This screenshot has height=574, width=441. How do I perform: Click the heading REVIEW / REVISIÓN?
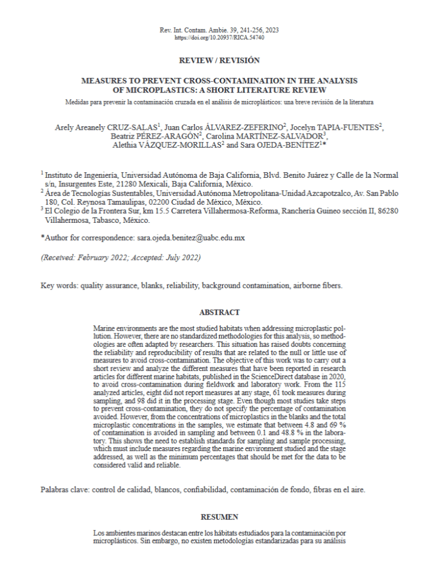point(219,60)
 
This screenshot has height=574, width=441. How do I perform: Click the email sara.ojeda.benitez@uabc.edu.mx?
point(190,238)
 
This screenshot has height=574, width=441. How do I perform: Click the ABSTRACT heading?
point(219,313)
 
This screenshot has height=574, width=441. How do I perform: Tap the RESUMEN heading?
point(219,517)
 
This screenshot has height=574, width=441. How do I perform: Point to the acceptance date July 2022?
point(181,258)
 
